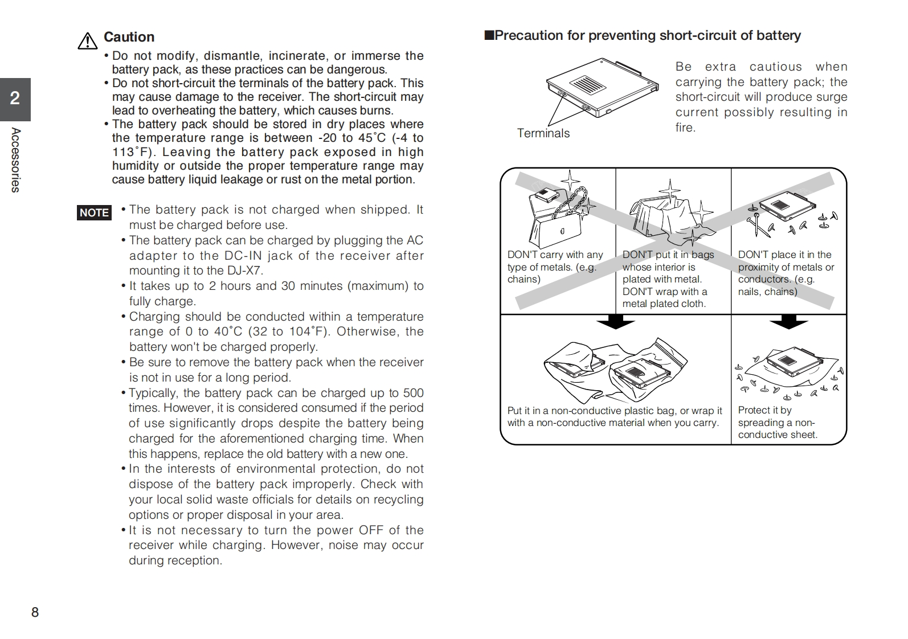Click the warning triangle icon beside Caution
pos(87,41)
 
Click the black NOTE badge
pos(94,212)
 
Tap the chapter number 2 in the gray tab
pos(15,99)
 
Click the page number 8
pos(35,612)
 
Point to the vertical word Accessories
pos(16,160)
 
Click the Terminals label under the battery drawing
pos(543,133)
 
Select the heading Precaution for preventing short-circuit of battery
pos(647,35)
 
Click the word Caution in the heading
pos(129,37)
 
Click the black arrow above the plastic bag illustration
pos(615,323)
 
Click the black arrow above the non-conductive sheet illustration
pos(788,323)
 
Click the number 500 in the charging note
pos(413,393)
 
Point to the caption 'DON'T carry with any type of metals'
pos(554,267)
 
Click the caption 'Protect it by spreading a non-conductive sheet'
pos(777,423)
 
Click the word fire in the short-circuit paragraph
pos(685,128)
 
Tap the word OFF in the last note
pos(371,530)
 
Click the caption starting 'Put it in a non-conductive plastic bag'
pos(614,417)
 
